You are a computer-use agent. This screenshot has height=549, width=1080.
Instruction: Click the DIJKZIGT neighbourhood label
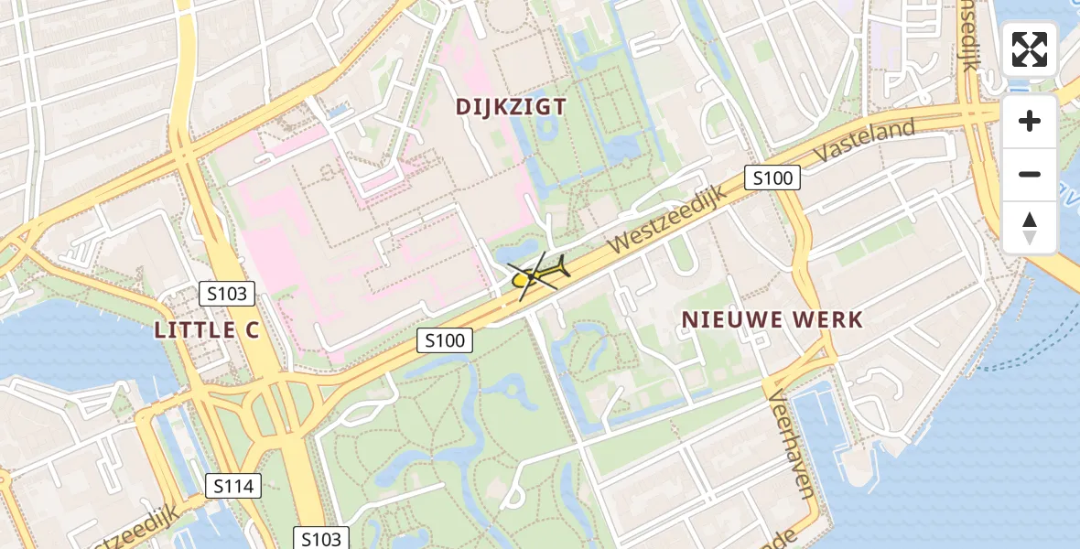click(x=511, y=106)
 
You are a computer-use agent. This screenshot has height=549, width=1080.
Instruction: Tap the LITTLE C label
click(x=207, y=330)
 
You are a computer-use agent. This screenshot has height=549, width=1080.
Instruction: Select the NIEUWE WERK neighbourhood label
click(x=772, y=319)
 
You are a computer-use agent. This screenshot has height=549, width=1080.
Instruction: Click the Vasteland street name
click(x=863, y=142)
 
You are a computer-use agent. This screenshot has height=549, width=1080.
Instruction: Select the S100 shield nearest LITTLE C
click(x=446, y=341)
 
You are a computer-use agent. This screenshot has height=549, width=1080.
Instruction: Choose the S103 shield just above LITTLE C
click(x=227, y=294)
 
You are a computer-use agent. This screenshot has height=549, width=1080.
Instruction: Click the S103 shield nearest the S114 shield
click(x=320, y=538)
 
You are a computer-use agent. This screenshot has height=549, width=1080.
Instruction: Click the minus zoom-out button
click(x=1030, y=174)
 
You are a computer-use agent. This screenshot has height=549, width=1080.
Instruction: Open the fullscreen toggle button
click(x=1030, y=49)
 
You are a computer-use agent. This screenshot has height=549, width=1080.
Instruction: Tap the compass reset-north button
click(x=1030, y=228)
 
